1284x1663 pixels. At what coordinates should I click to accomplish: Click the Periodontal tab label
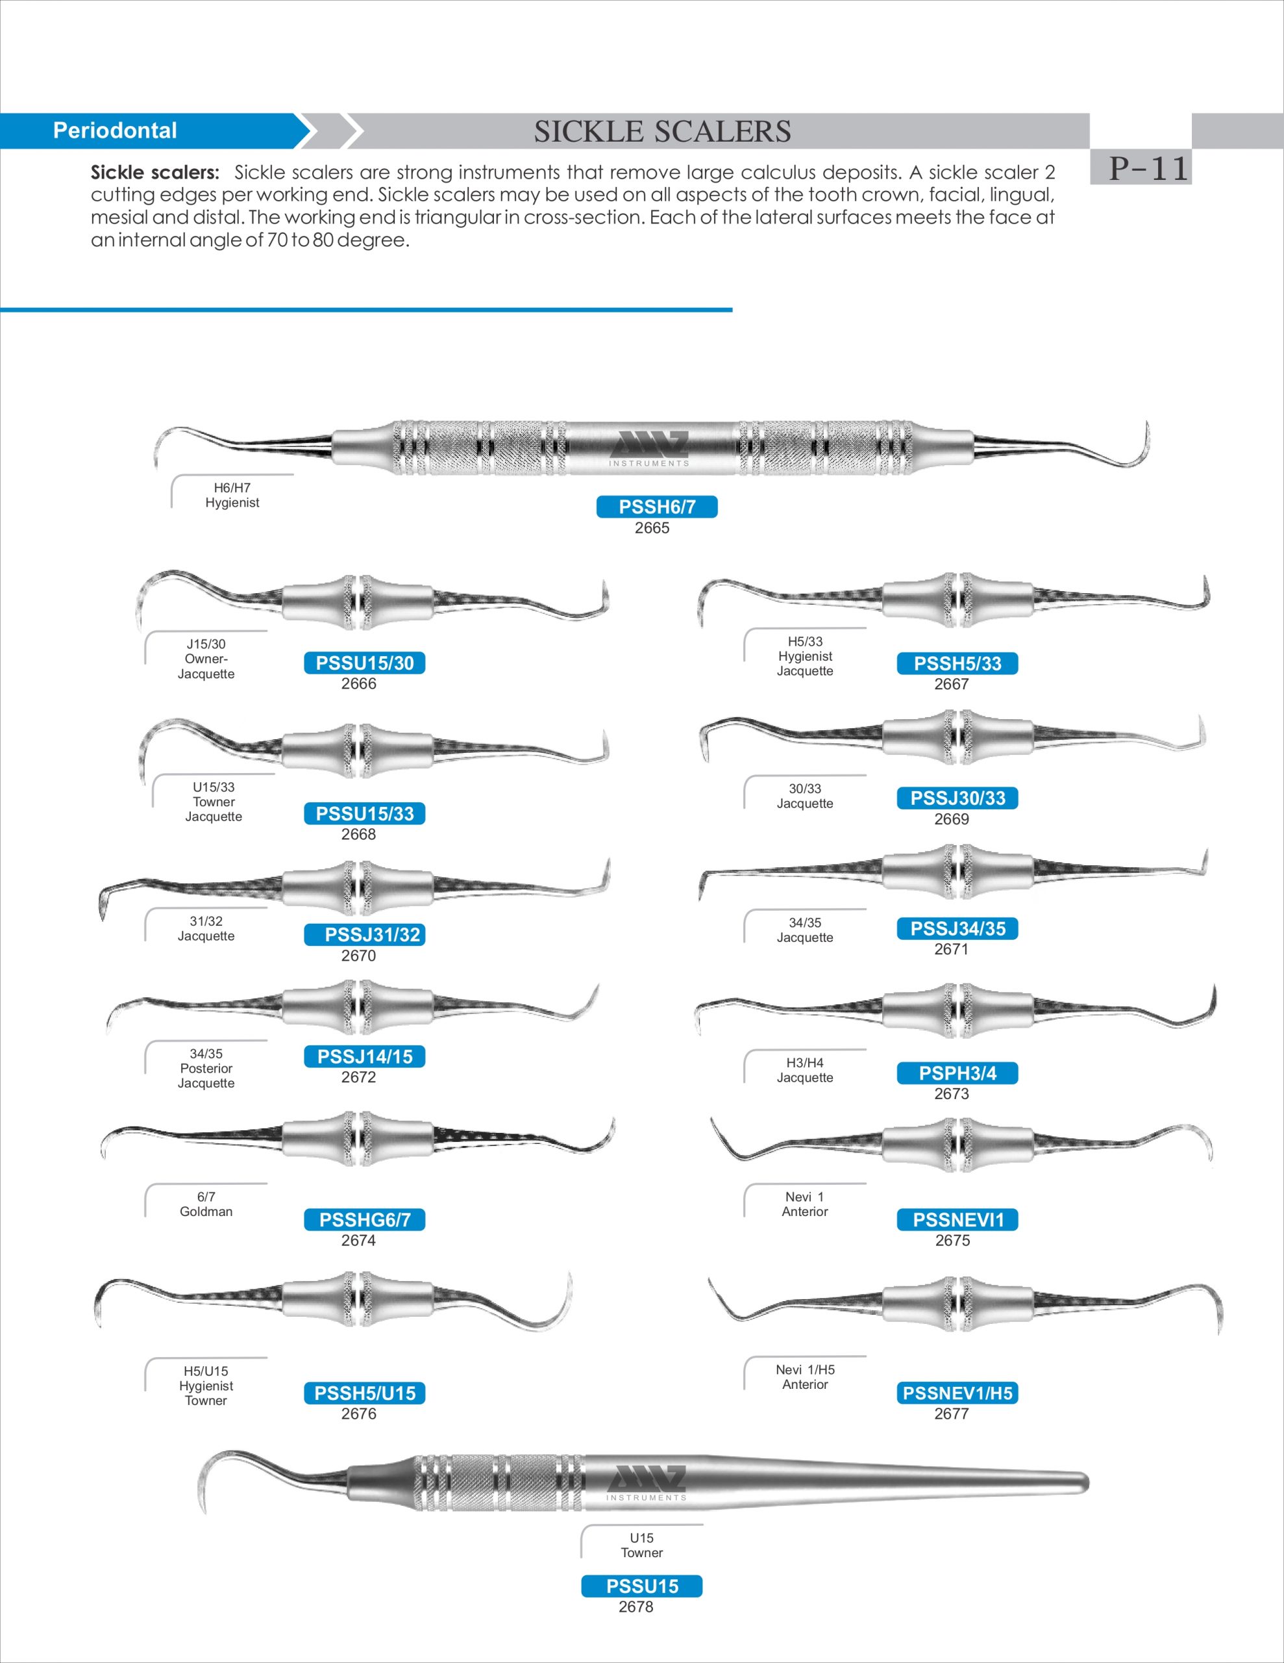point(115,131)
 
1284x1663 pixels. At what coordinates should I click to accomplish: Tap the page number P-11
point(1148,168)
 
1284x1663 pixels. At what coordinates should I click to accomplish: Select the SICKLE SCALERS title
point(662,132)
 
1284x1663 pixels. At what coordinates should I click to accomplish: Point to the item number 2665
point(652,528)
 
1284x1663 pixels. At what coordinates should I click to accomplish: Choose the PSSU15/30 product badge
point(365,663)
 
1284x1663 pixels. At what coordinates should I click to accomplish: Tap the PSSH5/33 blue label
point(957,664)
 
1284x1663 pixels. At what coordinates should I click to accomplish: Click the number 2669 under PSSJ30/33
point(952,819)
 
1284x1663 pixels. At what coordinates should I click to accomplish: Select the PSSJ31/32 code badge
point(365,935)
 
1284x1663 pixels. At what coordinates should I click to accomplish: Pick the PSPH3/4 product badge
point(957,1074)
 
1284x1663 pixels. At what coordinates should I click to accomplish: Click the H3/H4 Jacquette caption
point(804,1071)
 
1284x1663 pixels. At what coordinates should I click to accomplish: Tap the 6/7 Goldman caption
point(206,1204)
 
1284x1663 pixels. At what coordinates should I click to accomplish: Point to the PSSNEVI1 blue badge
point(957,1220)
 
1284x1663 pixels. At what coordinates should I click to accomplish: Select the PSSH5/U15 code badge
point(365,1393)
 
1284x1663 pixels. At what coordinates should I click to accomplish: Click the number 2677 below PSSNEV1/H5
point(952,1414)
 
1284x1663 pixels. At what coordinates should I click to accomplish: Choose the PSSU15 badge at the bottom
point(641,1586)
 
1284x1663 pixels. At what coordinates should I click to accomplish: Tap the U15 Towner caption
point(641,1545)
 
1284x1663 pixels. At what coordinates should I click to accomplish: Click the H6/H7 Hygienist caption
point(232,496)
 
